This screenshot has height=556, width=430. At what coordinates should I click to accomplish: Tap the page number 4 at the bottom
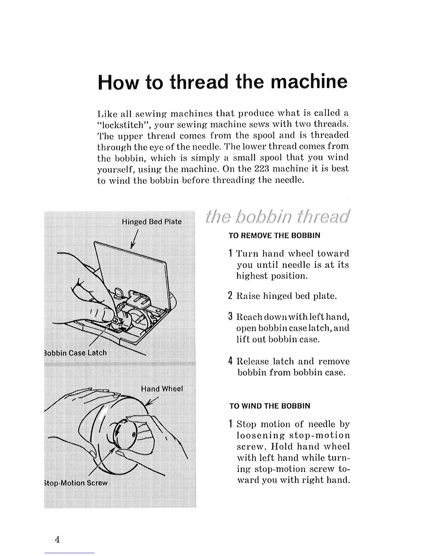pos(57,539)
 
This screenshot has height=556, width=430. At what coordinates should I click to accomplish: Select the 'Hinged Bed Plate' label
pos(152,222)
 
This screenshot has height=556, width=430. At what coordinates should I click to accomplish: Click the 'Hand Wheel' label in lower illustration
pos(162,389)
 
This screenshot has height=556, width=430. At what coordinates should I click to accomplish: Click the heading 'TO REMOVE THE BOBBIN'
pos(274,236)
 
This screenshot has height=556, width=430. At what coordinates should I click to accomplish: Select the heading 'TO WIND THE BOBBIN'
pos(270,406)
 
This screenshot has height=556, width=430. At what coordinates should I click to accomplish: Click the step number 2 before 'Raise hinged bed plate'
pos(230,296)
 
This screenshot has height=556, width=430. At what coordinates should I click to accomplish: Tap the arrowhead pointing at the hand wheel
pos(148,404)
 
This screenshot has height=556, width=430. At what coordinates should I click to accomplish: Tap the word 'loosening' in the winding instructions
pos(257,436)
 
